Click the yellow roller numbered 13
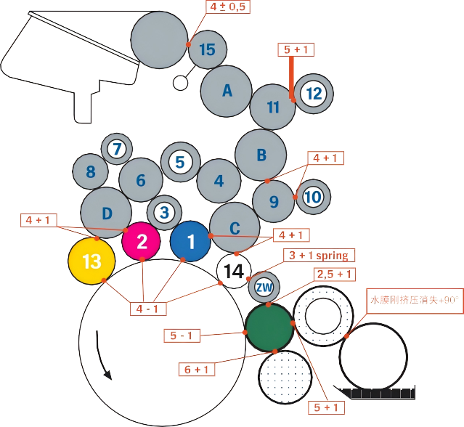coord(91,262)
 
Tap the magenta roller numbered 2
coord(142,241)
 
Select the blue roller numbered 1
coord(190,242)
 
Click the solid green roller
coord(269,327)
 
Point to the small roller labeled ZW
coord(264,288)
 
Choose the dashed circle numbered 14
coord(233,272)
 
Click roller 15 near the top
coord(208,49)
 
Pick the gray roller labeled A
coord(227,91)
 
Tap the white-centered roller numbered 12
coord(314,94)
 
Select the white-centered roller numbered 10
coord(312,197)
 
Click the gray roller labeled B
coord(261,155)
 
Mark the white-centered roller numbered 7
coord(116,150)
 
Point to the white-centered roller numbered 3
coord(165,213)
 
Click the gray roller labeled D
coord(106,213)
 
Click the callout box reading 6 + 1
coord(197,370)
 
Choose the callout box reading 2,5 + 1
coord(335,274)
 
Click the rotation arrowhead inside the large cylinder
coord(107,375)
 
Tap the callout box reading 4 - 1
coord(148,309)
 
